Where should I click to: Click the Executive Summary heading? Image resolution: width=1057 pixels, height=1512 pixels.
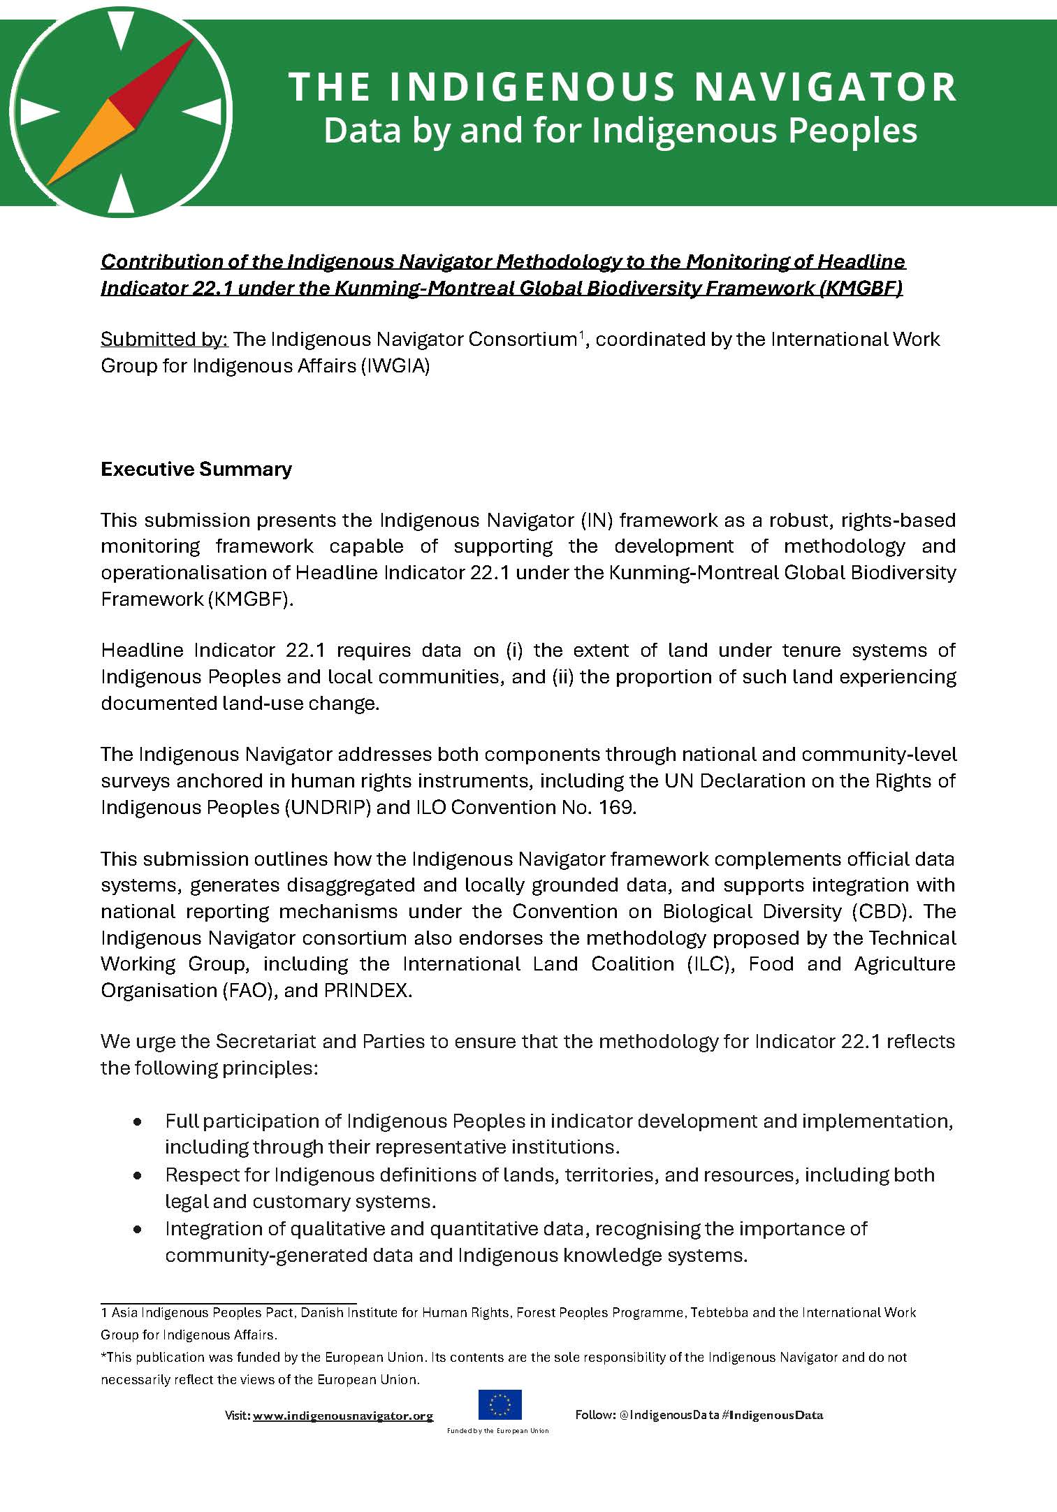(x=196, y=469)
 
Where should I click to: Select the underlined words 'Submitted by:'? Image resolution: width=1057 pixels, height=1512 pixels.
(x=164, y=340)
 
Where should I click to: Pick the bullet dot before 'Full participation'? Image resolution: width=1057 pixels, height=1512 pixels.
(x=138, y=1121)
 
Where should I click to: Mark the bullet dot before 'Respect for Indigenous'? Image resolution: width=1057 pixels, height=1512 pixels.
(x=138, y=1175)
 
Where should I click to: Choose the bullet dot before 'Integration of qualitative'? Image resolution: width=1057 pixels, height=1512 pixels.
(x=138, y=1229)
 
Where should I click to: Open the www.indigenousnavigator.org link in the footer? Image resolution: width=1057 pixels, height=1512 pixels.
(x=342, y=1416)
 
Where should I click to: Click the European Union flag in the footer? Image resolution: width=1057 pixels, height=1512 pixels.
(x=500, y=1405)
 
